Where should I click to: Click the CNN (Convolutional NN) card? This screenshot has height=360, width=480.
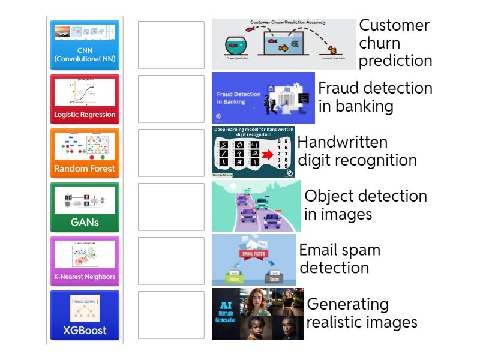(x=85, y=45)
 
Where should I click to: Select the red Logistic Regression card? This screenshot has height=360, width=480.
(x=85, y=99)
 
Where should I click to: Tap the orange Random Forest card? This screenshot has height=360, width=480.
(x=85, y=153)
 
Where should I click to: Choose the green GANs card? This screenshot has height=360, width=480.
(x=85, y=207)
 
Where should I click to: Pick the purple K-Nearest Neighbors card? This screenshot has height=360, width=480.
(x=85, y=261)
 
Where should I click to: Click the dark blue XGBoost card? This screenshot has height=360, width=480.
(x=85, y=315)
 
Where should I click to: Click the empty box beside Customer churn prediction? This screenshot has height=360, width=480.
(x=171, y=45)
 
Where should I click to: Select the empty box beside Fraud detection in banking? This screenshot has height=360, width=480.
(x=171, y=99)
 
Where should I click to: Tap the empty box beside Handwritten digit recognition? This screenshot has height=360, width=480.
(x=171, y=153)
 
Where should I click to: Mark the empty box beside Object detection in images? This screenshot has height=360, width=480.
(x=171, y=207)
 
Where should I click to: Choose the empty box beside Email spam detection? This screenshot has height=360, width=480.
(x=171, y=261)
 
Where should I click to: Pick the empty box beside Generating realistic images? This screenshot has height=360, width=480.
(x=171, y=315)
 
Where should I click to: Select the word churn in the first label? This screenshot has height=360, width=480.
(x=380, y=43)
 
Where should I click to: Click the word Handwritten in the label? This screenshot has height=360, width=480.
(x=343, y=142)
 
